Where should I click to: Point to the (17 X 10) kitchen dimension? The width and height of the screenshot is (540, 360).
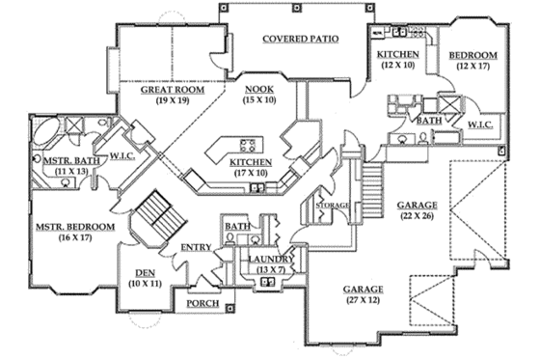(x=250, y=174)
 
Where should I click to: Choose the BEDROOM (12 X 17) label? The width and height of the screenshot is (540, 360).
(x=472, y=56)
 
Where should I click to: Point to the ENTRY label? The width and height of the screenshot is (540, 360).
(x=198, y=248)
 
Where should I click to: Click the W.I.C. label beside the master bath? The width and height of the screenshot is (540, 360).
(x=121, y=154)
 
